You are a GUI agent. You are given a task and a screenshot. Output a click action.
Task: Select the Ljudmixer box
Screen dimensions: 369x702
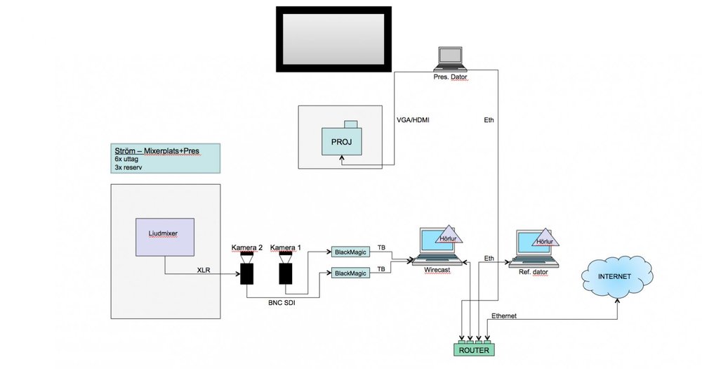(x=165, y=236)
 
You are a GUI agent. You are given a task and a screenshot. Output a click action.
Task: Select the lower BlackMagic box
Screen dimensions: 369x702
(x=350, y=273)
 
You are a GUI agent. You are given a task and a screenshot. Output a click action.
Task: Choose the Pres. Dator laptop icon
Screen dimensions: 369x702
(x=450, y=59)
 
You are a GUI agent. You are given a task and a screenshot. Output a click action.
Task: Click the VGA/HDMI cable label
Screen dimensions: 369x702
(x=413, y=120)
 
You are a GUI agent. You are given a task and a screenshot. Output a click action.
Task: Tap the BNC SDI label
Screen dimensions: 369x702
(x=281, y=304)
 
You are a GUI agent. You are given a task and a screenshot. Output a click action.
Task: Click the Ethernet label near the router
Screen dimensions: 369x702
(x=505, y=316)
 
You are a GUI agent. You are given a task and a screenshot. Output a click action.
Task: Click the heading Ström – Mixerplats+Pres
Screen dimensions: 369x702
(x=157, y=150)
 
